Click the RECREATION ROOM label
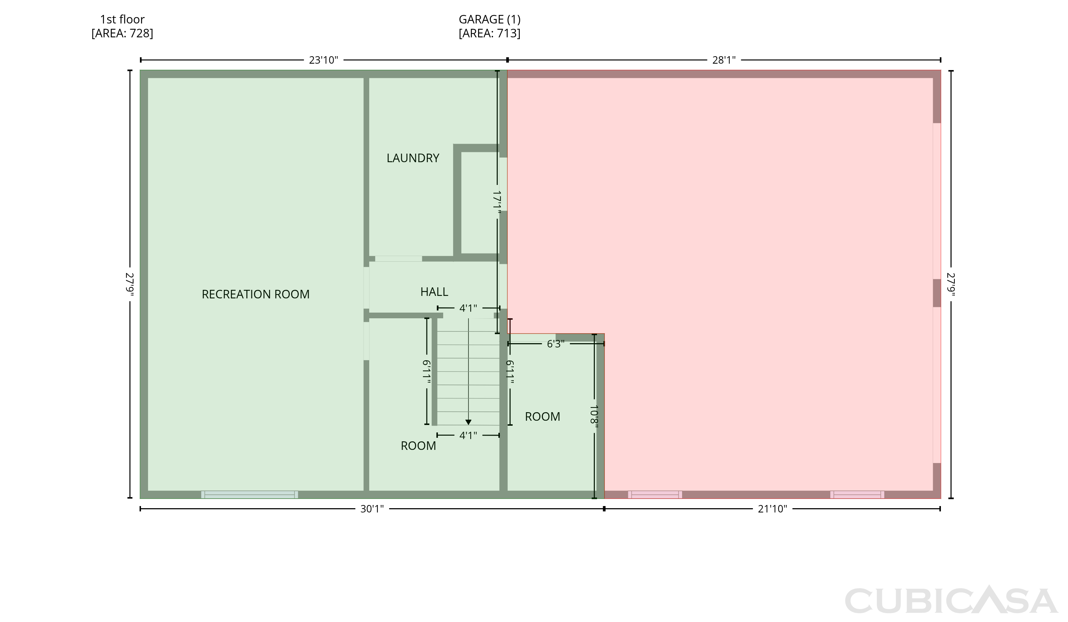click(256, 294)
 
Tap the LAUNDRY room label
click(413, 158)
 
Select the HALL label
click(434, 292)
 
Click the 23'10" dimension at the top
click(323, 60)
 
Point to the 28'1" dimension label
click(724, 60)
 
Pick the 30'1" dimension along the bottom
click(372, 509)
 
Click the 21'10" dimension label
click(772, 509)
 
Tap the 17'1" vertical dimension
click(497, 202)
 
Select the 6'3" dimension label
click(556, 344)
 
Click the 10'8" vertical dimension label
click(594, 417)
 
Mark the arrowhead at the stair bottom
click(468, 422)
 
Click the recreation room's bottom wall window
click(250, 495)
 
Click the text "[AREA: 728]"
click(122, 33)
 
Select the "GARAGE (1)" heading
click(489, 20)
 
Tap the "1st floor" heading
click(122, 20)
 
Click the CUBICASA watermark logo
click(951, 600)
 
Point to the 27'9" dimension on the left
click(130, 285)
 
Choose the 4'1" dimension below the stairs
click(468, 435)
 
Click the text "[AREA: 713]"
click(489, 33)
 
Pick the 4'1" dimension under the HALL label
click(468, 308)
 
